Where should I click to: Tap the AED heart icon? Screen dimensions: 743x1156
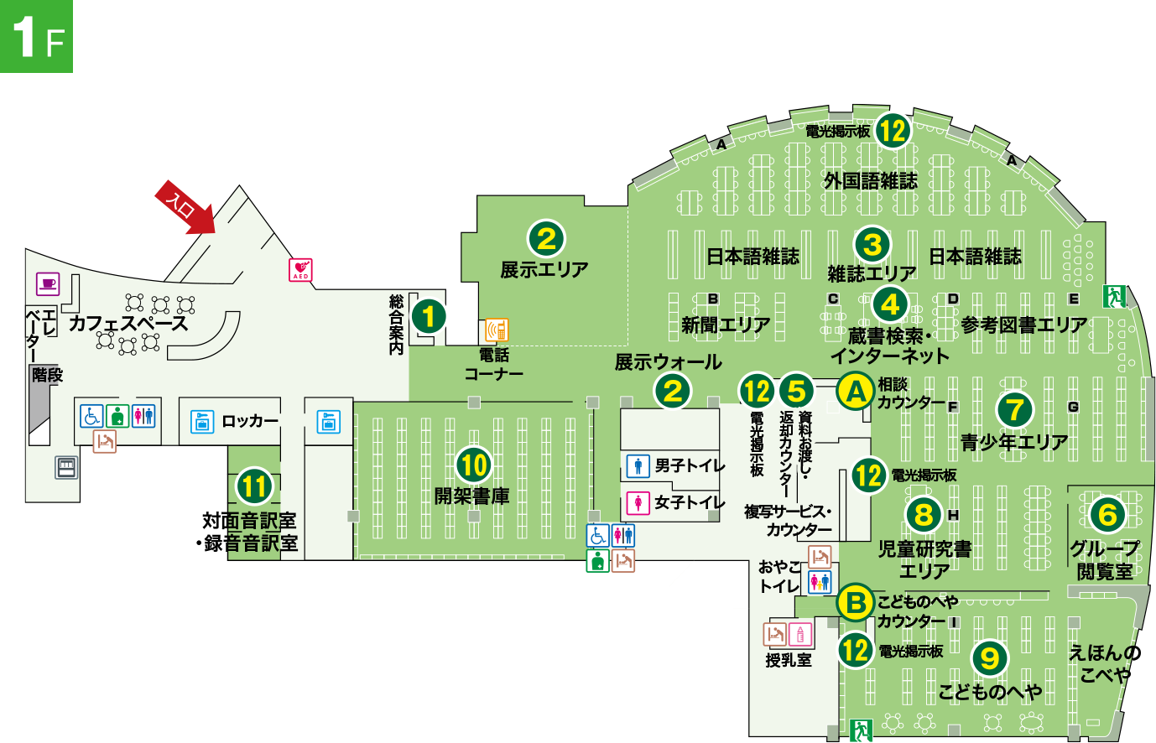coord(300,269)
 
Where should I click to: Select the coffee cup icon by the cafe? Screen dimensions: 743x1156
coord(48,283)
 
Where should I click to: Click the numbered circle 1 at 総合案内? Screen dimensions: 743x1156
coord(429,316)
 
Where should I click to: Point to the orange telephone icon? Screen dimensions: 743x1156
coord(497,330)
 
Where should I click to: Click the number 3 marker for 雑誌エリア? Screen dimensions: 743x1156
coord(872,244)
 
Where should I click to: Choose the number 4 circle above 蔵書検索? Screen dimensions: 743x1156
coord(890,304)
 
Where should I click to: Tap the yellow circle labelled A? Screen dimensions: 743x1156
coord(856,391)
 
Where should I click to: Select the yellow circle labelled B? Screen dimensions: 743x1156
coord(856,602)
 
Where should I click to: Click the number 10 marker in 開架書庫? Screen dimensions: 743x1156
coord(474,465)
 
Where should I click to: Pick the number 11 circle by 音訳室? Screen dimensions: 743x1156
coord(254,486)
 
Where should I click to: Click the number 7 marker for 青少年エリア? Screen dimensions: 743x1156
coord(1015,409)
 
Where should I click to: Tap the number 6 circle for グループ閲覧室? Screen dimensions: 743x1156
coord(1107,514)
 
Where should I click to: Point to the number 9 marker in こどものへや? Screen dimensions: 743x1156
coord(990,657)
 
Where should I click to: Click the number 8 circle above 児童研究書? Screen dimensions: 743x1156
coord(924,513)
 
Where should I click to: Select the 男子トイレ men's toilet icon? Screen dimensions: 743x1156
coord(638,465)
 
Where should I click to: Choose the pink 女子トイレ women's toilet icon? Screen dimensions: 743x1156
coord(638,501)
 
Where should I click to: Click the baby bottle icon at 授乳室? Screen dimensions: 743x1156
coord(800,634)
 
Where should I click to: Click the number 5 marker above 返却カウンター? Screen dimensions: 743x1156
coord(796,391)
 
